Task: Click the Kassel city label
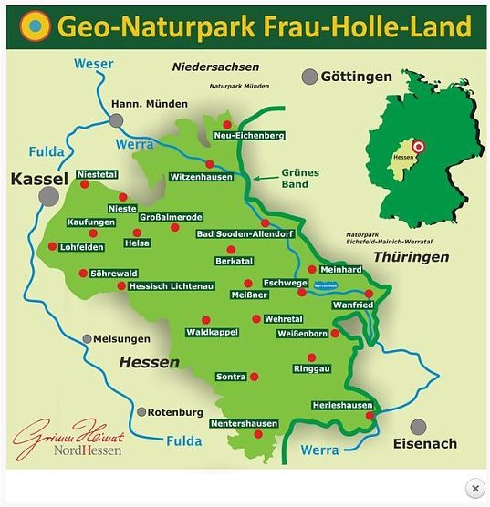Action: pyautogui.click(x=39, y=179)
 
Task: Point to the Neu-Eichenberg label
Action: pyautogui.click(x=248, y=136)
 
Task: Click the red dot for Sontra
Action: pyautogui.click(x=254, y=377)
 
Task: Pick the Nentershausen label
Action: pyautogui.click(x=243, y=424)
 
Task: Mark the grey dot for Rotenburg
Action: pyautogui.click(x=141, y=412)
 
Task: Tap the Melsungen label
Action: pyautogui.click(x=121, y=338)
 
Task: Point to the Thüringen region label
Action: pyautogui.click(x=412, y=257)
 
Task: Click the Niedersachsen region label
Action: pyautogui.click(x=215, y=67)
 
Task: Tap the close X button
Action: pyautogui.click(x=474, y=489)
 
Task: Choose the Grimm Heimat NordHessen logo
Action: pyautogui.click(x=68, y=440)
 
